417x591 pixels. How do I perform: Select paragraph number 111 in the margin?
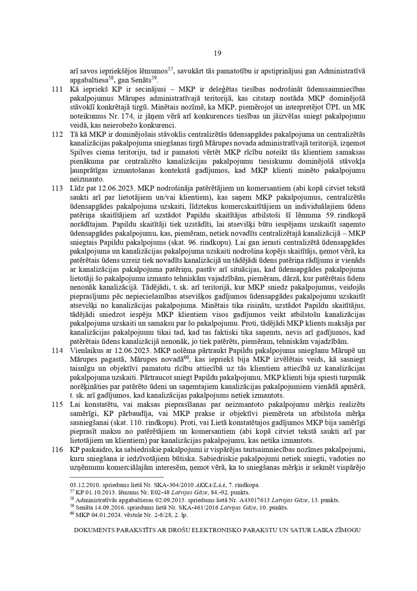click(x=57, y=89)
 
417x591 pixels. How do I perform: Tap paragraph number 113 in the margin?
click(x=57, y=188)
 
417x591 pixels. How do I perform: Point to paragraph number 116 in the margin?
click(x=57, y=449)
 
